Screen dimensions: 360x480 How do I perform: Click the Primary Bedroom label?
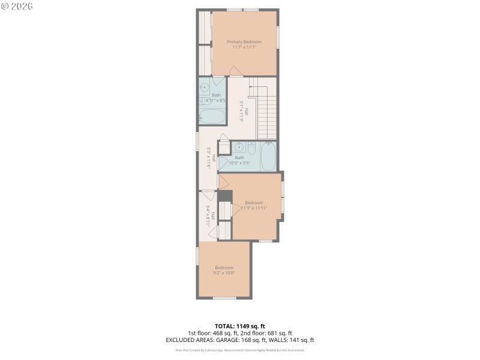tap(244, 41)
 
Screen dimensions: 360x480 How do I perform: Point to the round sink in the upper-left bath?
tap(204, 86)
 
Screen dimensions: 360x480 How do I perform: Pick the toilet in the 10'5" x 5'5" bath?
tap(252, 148)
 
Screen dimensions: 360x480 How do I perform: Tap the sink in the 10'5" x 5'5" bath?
tap(239, 147)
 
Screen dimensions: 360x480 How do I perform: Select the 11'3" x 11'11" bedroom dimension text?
tap(253, 208)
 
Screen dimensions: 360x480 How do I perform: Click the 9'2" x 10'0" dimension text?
tap(224, 273)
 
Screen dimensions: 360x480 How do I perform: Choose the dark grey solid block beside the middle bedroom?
tap(225, 196)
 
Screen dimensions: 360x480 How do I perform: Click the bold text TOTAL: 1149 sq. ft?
tap(240, 326)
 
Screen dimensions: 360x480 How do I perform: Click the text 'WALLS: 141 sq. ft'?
tap(292, 340)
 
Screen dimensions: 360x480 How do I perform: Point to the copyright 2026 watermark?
tap(17, 6)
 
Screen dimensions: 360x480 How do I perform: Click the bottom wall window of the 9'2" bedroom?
tap(224, 298)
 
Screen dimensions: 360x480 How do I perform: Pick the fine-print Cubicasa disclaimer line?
tap(240, 350)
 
